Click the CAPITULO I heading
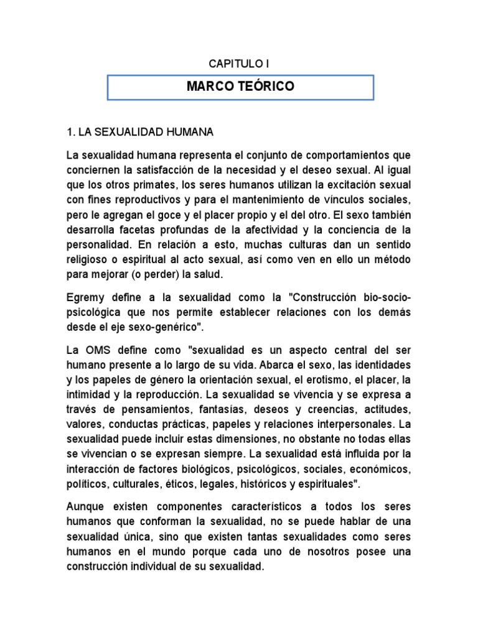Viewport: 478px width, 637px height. [x=238, y=63]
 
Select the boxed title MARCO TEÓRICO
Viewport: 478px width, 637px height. [x=240, y=87]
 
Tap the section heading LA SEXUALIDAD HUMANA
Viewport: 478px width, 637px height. [x=140, y=132]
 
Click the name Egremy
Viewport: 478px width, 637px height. [x=85, y=298]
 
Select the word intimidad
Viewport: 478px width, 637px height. [x=88, y=395]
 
